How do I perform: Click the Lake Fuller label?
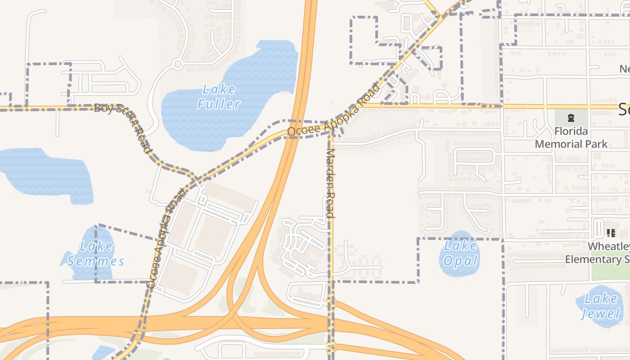click(x=219, y=97)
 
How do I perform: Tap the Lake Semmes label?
click(x=96, y=254)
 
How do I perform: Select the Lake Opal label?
click(x=460, y=253)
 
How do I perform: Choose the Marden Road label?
click(x=331, y=183)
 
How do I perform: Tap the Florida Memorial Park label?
click(x=571, y=138)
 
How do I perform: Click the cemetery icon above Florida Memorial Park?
click(x=571, y=118)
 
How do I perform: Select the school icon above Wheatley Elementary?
click(x=611, y=233)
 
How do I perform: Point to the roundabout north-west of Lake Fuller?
click(x=177, y=64)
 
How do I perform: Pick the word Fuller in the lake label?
click(x=219, y=104)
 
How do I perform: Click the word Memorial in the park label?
click(x=571, y=144)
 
